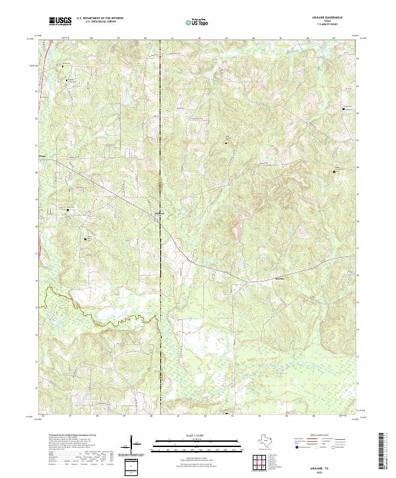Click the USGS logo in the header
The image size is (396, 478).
click(x=60, y=22)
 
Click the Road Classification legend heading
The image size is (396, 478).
click(x=319, y=436)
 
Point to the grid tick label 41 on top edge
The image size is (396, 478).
click(x=172, y=39)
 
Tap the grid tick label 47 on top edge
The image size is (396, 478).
click(x=335, y=39)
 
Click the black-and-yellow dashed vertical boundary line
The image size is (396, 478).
click(x=160, y=264)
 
